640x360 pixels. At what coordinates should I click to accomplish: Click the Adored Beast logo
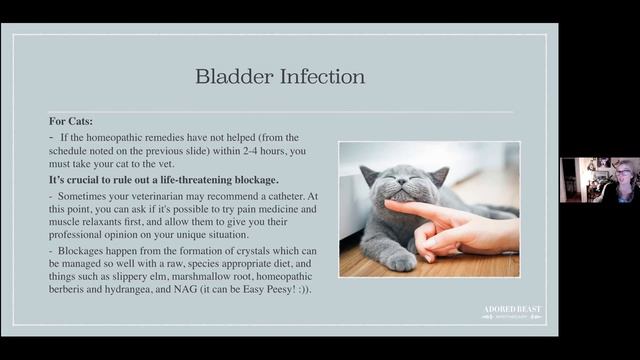(511, 312)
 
